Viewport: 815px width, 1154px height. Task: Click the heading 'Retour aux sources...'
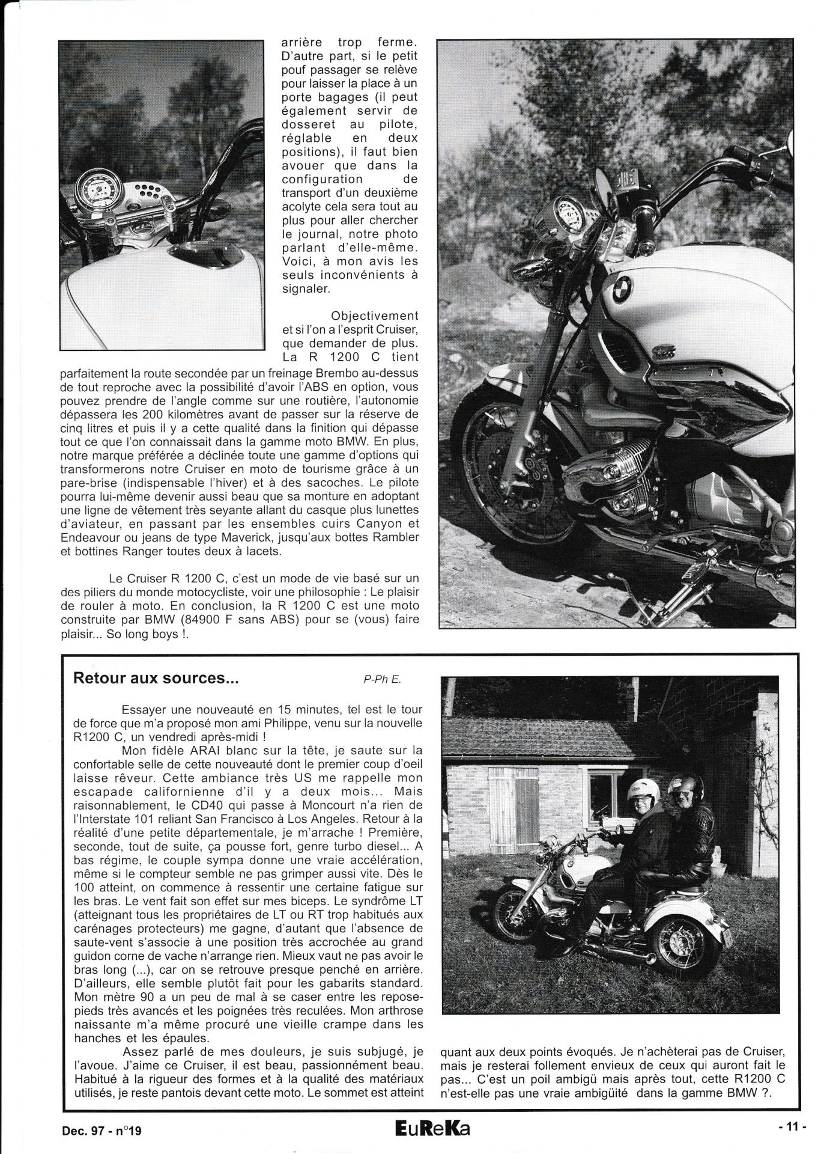(x=156, y=679)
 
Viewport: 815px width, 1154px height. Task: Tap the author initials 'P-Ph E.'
(x=381, y=680)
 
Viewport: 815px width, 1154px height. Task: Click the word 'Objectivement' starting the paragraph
(x=374, y=316)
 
